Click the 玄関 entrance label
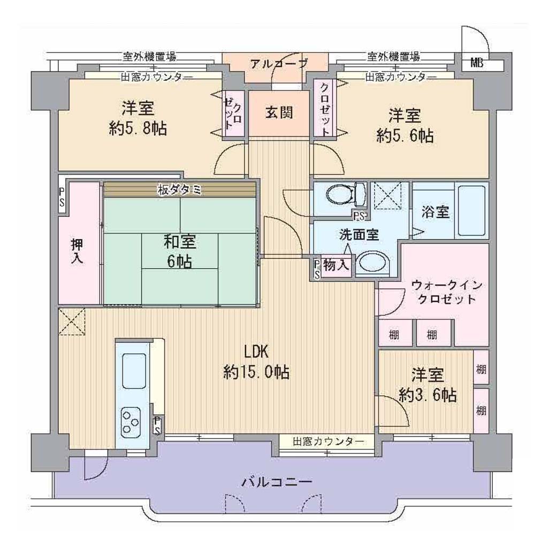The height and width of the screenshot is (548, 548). pos(279,113)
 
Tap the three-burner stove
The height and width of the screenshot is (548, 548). pos(130,422)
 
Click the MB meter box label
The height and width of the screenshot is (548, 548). pos(477,63)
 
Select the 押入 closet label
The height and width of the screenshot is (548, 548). pos(77,250)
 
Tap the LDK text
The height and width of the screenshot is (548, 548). pos(256,352)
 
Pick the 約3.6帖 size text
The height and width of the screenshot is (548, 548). pos(428,395)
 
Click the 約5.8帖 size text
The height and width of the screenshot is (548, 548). pos(138,129)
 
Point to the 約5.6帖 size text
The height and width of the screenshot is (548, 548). pos(405,135)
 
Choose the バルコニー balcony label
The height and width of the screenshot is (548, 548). pos(277,483)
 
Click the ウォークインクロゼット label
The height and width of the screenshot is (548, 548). pos(447,292)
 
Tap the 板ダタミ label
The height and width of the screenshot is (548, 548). pos(179,190)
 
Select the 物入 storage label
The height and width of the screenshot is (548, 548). pos(336,265)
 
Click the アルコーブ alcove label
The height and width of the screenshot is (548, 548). pos(279,64)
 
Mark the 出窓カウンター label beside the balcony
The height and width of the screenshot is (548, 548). pos(328,442)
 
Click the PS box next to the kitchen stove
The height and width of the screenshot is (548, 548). pos(158,424)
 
